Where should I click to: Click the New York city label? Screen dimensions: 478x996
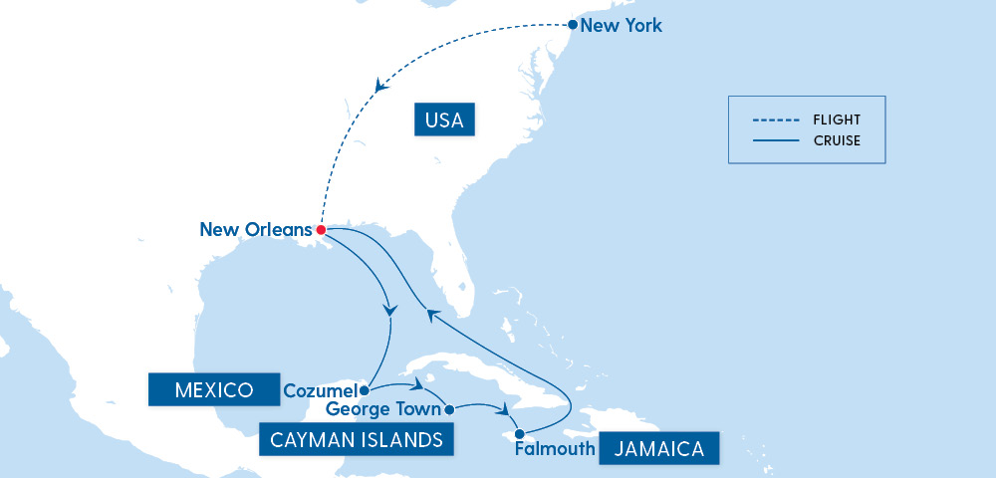pyautogui.click(x=621, y=25)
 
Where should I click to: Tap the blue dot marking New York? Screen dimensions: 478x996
pyautogui.click(x=572, y=24)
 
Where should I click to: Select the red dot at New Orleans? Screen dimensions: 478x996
pyautogui.click(x=321, y=230)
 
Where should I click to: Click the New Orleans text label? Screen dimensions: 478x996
pyautogui.click(x=256, y=230)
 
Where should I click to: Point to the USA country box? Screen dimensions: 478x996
pyautogui.click(x=444, y=121)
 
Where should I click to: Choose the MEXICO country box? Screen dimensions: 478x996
pyautogui.click(x=213, y=389)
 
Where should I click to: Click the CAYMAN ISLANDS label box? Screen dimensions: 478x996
pyautogui.click(x=352, y=439)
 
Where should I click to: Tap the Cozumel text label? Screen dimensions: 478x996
pyautogui.click(x=320, y=390)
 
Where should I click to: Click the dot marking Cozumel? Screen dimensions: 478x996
pyautogui.click(x=365, y=390)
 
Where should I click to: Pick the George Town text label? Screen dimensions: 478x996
pyautogui.click(x=383, y=409)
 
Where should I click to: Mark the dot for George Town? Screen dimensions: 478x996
pyautogui.click(x=448, y=409)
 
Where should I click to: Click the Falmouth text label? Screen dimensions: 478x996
pyautogui.click(x=555, y=449)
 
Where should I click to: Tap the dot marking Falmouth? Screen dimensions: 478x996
pyautogui.click(x=519, y=433)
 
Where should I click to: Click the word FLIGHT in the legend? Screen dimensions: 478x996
pyautogui.click(x=838, y=119)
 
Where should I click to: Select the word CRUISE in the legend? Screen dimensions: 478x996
pyautogui.click(x=837, y=140)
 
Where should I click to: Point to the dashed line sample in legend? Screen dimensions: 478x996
pyautogui.click(x=776, y=119)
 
